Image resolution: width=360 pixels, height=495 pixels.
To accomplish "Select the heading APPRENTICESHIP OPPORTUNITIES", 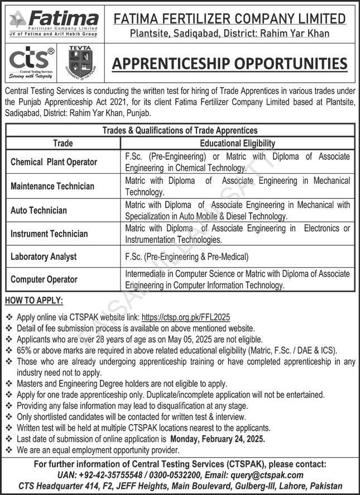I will tap(229, 63).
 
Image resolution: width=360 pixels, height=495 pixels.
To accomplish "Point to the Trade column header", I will tap(63, 144).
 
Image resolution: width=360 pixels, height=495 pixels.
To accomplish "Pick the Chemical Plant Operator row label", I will tap(54, 162).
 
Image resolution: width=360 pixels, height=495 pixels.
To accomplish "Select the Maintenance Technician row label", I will tap(52, 186).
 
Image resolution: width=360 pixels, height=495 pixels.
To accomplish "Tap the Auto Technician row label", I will tap(39, 211).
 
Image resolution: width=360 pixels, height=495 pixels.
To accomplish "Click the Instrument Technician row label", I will tap(49, 234).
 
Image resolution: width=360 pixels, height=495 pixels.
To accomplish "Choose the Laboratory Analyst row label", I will tap(44, 257).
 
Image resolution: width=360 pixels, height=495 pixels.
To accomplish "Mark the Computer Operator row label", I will tap(44, 279).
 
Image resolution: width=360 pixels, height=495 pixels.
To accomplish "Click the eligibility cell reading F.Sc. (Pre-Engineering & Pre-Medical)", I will tap(187, 257).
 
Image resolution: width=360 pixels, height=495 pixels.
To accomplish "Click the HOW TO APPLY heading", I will tap(33, 301).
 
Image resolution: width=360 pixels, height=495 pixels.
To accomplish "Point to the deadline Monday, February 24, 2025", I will tap(218, 439).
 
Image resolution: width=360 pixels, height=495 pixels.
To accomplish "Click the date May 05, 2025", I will tap(198, 339).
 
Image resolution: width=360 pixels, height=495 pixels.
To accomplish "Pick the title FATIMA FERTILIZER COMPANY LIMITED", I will tap(229, 18).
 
